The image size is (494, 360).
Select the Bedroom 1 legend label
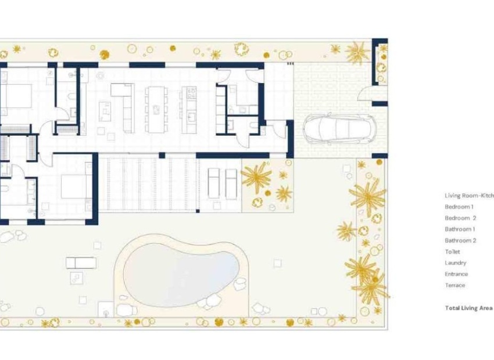(459, 207)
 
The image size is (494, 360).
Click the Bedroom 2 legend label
(460, 218)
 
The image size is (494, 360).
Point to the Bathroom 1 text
(460, 229)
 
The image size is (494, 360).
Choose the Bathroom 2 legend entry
(460, 240)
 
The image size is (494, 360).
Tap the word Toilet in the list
(452, 251)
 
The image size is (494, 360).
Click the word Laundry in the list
(455, 263)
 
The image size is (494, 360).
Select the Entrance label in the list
(456, 274)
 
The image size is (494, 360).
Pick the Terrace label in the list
(454, 285)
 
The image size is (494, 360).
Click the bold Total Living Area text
(468, 308)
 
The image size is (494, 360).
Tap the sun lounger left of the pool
(81, 262)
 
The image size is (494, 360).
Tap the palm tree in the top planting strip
(357, 53)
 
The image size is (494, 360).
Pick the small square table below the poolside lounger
(76, 278)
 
